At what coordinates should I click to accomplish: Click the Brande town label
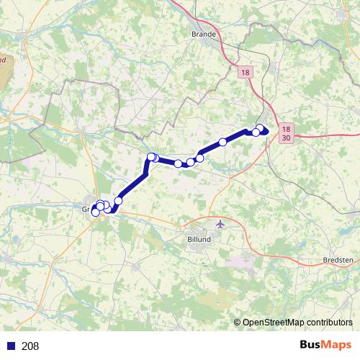(x=205, y=34)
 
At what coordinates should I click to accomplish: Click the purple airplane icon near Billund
(x=220, y=224)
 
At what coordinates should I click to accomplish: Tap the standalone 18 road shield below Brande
(x=246, y=73)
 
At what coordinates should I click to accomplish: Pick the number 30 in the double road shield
(x=287, y=137)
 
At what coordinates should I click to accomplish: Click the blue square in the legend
(x=11, y=346)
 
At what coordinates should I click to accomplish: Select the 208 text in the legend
(x=30, y=346)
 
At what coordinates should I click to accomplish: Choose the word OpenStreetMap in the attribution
(x=273, y=323)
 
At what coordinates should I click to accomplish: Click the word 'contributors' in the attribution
(x=328, y=323)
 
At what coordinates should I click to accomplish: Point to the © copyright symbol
(x=238, y=323)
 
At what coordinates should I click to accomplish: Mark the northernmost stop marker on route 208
(x=260, y=128)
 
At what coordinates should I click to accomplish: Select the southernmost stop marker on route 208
(x=95, y=212)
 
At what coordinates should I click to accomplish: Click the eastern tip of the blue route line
(x=267, y=130)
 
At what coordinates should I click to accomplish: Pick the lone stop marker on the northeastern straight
(x=223, y=142)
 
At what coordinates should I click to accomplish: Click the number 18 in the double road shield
(x=287, y=126)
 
